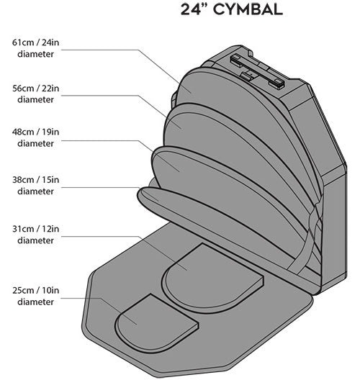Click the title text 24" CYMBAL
coord(232,9)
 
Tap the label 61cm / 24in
coord(35,42)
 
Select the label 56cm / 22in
coord(35,89)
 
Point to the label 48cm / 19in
coord(35,132)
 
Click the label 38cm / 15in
coord(35,180)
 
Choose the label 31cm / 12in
coord(35,229)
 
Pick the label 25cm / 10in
coord(35,290)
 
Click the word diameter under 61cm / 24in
coord(35,54)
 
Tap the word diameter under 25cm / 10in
coord(35,302)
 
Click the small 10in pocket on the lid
coord(155,325)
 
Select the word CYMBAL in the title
coord(248,9)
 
